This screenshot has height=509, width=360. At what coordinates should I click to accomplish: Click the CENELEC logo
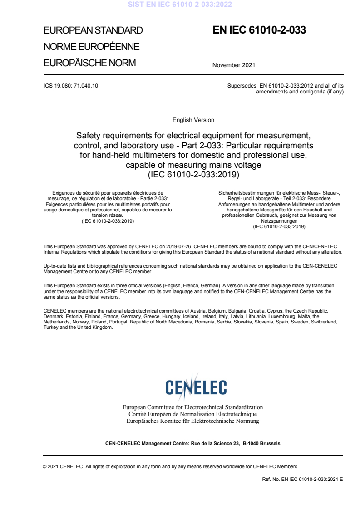(x=196, y=387)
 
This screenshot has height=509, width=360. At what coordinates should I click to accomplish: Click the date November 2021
(x=233, y=65)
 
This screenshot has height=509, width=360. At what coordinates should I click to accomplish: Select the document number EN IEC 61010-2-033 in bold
(x=259, y=30)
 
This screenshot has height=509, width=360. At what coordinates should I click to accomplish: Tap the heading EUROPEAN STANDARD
(x=93, y=31)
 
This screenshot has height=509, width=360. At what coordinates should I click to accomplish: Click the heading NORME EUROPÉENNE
(x=91, y=47)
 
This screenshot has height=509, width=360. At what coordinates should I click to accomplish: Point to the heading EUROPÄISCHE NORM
(x=89, y=63)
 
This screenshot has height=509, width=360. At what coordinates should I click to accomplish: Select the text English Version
(x=193, y=120)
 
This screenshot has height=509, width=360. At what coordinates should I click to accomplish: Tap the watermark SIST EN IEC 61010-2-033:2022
(x=180, y=5)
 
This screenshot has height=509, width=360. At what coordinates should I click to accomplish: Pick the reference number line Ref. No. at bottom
(x=300, y=479)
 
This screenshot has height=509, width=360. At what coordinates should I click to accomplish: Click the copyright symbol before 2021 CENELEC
(x=44, y=466)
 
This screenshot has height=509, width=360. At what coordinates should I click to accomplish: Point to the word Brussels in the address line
(x=270, y=443)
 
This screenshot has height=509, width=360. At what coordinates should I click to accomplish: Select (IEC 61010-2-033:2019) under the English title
(x=193, y=174)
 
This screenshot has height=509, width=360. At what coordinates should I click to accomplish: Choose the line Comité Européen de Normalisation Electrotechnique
(x=193, y=414)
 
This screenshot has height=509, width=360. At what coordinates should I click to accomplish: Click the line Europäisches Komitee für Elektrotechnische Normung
(x=193, y=421)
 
